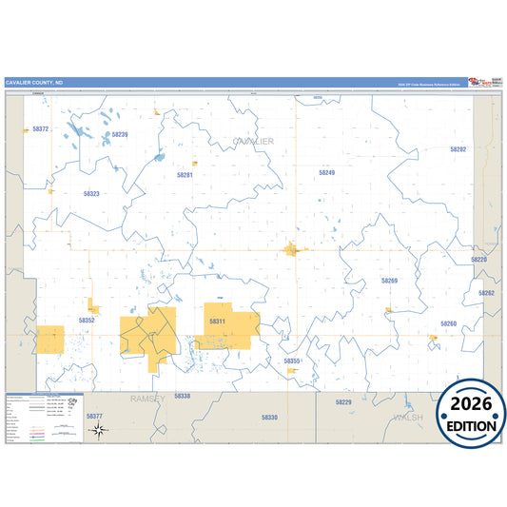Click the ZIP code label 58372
(x=40, y=128)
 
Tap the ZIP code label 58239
(x=120, y=135)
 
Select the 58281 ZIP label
(x=185, y=175)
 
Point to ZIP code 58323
(x=91, y=193)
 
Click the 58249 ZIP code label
(x=326, y=173)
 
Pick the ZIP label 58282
(x=458, y=149)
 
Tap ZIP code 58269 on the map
(x=389, y=281)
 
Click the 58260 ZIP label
(x=448, y=323)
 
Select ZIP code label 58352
(x=87, y=321)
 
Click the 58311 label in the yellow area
(x=217, y=322)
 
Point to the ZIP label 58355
(x=292, y=361)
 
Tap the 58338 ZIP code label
(x=183, y=396)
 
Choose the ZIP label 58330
(x=270, y=417)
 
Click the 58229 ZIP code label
(x=343, y=402)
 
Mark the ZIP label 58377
(x=94, y=416)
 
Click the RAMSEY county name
(x=148, y=399)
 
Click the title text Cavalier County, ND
(x=34, y=83)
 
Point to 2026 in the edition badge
(x=472, y=403)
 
